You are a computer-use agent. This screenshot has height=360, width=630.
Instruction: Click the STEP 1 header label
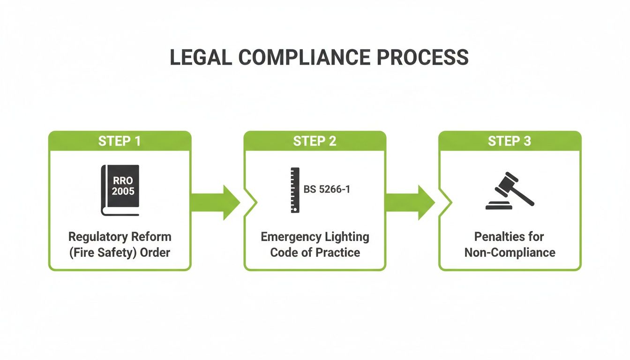click(120, 141)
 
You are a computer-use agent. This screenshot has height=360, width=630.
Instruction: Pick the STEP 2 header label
click(315, 141)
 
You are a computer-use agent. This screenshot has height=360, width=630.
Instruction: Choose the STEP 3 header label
click(510, 141)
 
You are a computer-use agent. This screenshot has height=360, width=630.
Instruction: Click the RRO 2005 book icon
click(120, 190)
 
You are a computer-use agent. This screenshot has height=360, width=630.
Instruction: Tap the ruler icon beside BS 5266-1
click(295, 190)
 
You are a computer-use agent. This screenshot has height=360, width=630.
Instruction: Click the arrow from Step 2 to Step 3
click(411, 202)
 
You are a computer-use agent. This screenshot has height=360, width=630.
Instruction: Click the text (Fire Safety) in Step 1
click(106, 252)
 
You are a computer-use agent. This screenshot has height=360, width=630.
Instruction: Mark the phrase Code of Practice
click(315, 252)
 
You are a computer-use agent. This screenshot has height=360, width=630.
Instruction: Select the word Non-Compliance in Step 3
click(510, 252)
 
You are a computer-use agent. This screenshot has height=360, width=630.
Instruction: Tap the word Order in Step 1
click(157, 252)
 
